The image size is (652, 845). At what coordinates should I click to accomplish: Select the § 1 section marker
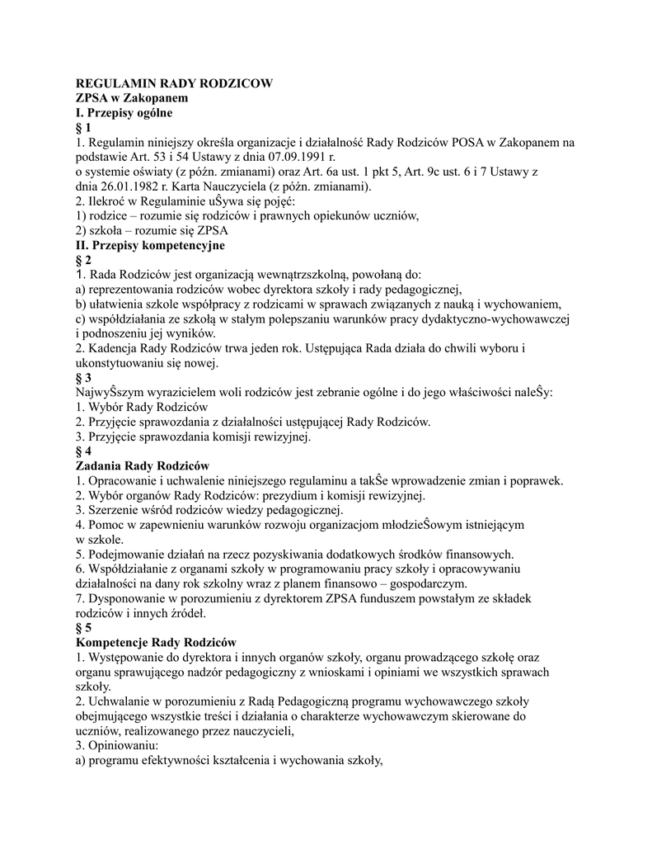83,128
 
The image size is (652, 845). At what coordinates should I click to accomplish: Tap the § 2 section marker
83,261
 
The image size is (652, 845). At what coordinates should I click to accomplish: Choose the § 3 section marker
83,379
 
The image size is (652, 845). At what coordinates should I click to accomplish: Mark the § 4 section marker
83,452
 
